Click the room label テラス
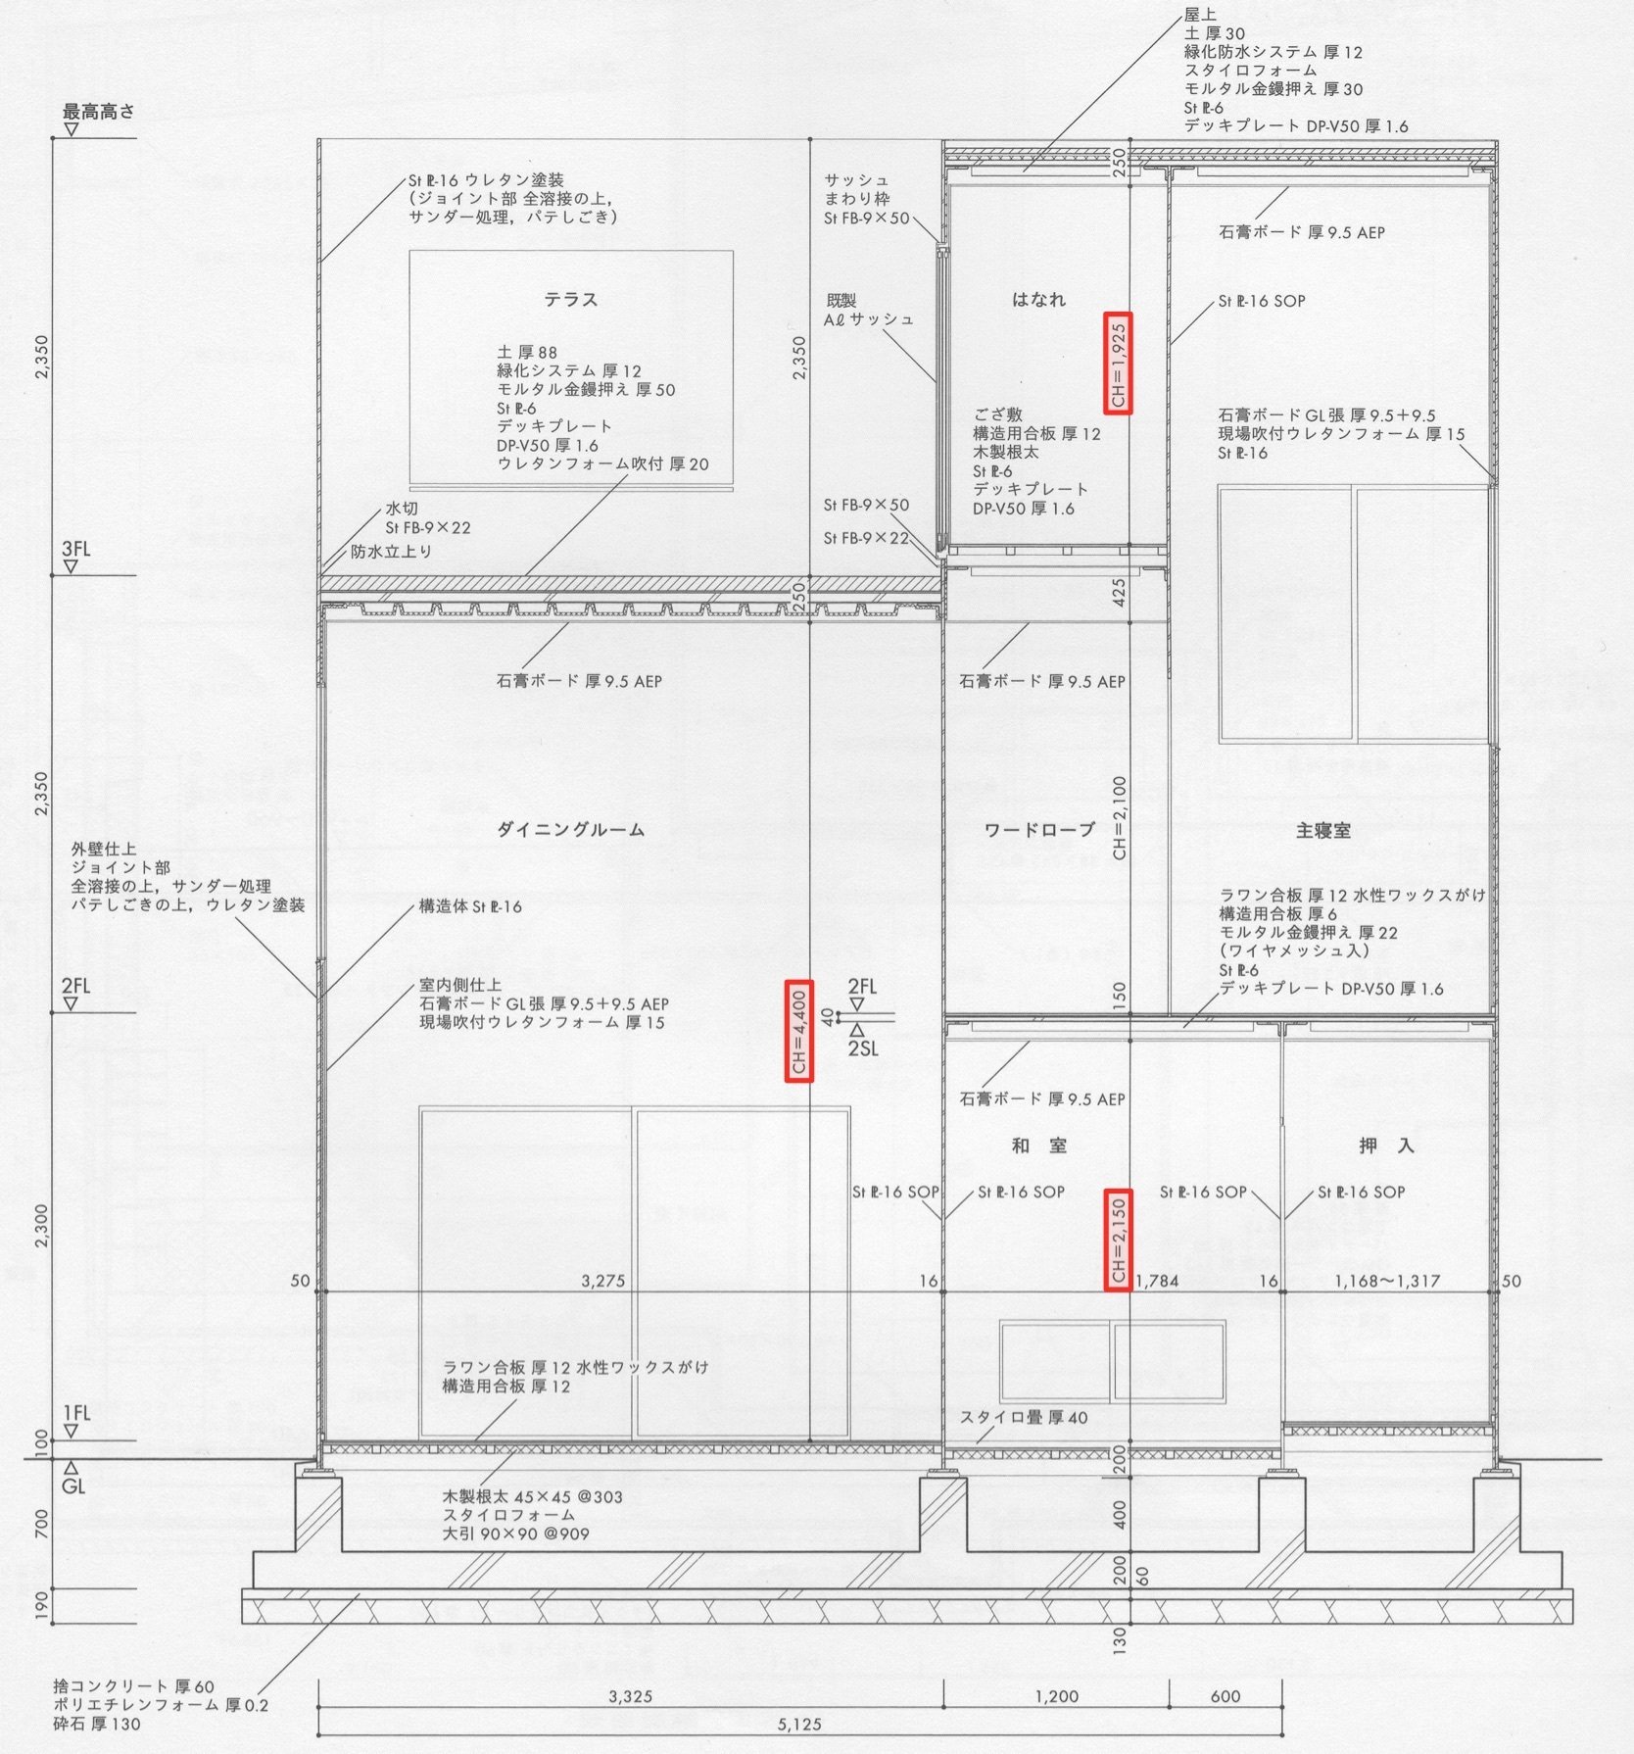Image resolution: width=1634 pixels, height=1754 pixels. (571, 300)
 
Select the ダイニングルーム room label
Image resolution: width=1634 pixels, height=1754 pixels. (570, 830)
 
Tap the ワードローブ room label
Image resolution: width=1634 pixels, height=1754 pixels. (1038, 830)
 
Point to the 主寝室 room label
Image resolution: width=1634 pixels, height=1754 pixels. (1322, 830)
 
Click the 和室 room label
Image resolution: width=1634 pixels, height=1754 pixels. (1039, 1145)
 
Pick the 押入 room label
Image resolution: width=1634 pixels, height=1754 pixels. (1386, 1145)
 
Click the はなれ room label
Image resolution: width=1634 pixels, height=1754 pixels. (1038, 300)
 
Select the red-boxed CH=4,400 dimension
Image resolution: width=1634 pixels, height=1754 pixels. (799, 1031)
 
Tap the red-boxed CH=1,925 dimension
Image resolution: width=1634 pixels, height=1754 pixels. (1118, 364)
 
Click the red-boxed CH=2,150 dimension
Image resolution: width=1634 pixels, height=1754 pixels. (1118, 1240)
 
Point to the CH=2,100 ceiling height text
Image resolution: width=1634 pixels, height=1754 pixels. (1119, 818)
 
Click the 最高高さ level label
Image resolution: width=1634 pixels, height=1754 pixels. (99, 112)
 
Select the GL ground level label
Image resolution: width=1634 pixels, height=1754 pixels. (73, 1486)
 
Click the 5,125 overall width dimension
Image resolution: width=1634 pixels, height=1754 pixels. (799, 1724)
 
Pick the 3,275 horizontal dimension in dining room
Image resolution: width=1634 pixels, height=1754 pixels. (602, 1281)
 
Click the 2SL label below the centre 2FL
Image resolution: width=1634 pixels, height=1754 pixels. (862, 1048)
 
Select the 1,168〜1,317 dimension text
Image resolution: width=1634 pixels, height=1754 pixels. (1387, 1281)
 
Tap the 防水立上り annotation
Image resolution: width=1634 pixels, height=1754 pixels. (392, 552)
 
